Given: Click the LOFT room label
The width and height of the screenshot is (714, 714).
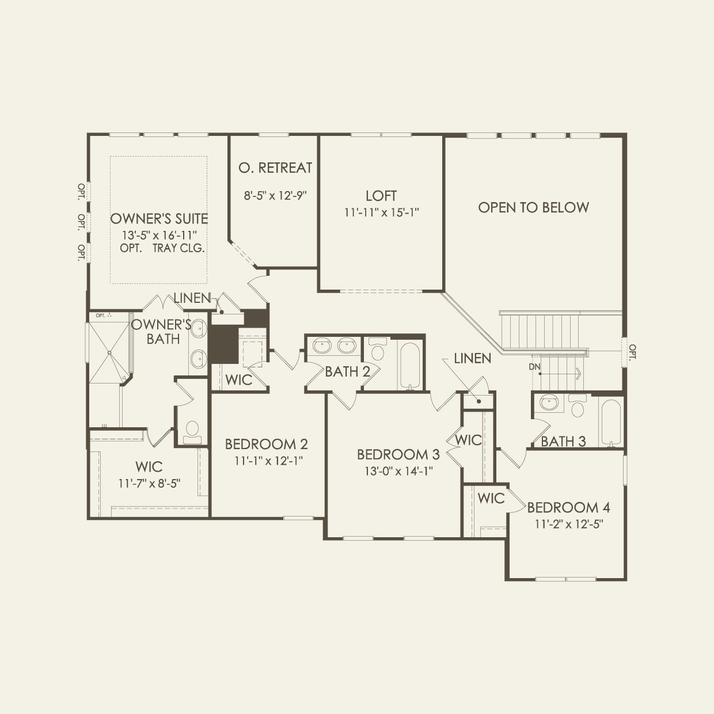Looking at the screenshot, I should [x=381, y=196].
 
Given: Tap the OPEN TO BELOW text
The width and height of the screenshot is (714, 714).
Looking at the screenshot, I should [x=533, y=207].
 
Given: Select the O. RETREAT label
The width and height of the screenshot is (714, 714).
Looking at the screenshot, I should [x=275, y=168].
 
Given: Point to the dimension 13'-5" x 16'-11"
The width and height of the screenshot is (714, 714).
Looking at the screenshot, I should [x=159, y=235].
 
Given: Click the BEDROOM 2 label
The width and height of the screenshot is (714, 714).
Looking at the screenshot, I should [x=266, y=444].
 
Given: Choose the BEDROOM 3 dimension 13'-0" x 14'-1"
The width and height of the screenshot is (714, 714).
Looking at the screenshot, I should [x=398, y=471].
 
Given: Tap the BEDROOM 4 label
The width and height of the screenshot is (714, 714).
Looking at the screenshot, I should [x=568, y=507].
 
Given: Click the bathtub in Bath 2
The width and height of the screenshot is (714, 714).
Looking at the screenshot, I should [x=409, y=366].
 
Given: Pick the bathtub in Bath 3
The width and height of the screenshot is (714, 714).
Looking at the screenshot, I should [x=610, y=422].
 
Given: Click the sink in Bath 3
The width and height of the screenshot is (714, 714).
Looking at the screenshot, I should [x=549, y=403].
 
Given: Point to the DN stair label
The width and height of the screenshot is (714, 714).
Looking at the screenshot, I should [x=534, y=367].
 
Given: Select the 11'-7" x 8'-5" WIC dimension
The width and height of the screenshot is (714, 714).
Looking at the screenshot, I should [x=149, y=484].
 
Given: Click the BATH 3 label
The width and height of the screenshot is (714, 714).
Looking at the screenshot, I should [x=563, y=442].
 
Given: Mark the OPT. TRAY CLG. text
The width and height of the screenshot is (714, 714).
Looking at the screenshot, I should [x=162, y=248].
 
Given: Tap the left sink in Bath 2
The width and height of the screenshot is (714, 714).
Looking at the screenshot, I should [x=322, y=347].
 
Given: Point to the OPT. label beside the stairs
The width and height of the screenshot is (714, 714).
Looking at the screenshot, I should [x=632, y=352].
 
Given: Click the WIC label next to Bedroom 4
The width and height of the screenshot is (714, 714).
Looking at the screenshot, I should [x=491, y=498].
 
